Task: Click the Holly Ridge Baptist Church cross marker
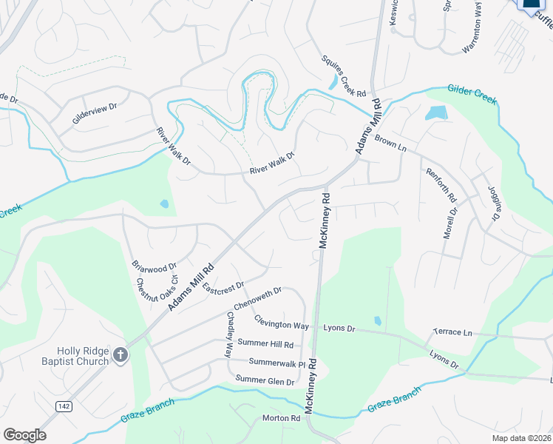point(121,356)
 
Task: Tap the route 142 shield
point(64,406)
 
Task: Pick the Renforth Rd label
point(442,186)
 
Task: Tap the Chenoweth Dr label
point(258,300)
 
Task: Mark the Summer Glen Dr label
point(265,380)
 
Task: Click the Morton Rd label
point(281,418)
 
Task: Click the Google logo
point(24,434)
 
